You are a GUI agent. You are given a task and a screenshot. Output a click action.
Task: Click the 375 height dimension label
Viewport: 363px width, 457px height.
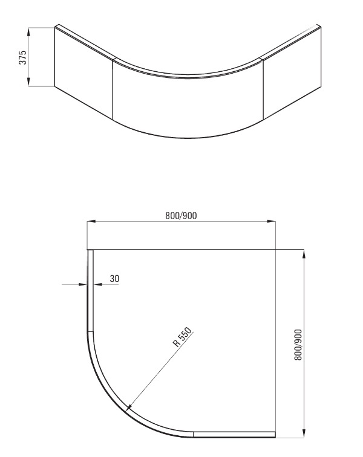point(22,57)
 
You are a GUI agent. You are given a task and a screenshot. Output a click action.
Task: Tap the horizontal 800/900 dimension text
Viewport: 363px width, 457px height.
point(181,216)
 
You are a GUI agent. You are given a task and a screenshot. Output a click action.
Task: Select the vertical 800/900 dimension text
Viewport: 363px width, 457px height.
point(298,345)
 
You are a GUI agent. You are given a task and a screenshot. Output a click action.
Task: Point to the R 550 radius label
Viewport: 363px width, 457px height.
point(182,337)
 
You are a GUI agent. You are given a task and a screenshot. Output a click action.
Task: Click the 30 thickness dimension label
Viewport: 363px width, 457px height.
point(114,279)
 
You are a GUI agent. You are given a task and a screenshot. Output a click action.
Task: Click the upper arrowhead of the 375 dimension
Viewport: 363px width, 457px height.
point(28,32)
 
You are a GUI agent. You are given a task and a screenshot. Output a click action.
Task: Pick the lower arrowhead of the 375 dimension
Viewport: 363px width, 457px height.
point(28,82)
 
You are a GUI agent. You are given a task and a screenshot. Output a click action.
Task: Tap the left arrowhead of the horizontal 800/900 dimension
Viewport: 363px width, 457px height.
point(91,222)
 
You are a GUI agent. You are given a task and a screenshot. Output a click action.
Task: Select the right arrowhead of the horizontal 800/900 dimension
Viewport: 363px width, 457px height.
point(271,222)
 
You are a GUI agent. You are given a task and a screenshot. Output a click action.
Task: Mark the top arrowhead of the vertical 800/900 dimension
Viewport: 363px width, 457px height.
point(304,254)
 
